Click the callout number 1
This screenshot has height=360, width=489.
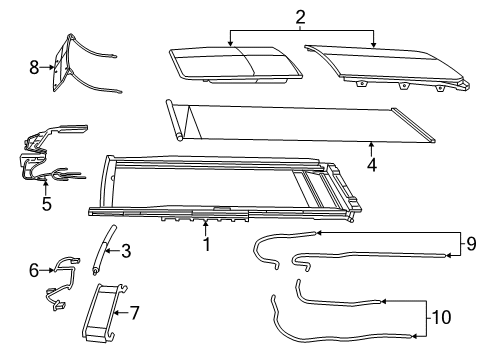coord(206,244)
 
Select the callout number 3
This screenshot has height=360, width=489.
coord(126,251)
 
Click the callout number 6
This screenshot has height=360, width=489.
coord(33,269)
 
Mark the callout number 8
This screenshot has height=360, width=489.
coord(33,67)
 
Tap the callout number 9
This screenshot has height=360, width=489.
coord(473,242)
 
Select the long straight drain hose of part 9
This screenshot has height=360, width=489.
coord(370,256)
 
